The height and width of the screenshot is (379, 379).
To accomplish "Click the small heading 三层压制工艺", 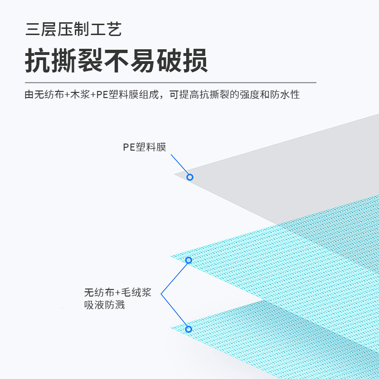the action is [73, 29].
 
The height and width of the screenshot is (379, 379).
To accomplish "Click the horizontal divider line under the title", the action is [171, 82].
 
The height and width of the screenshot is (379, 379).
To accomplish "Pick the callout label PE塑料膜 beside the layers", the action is [144, 147].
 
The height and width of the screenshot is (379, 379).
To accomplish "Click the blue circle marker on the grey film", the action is [190, 177].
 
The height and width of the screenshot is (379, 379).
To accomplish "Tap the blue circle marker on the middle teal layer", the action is [189, 260].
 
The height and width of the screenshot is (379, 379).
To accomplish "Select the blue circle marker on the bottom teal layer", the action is [188, 329].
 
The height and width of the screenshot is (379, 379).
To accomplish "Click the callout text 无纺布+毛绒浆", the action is [117, 292].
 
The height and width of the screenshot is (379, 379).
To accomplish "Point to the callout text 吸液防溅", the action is [104, 305].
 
